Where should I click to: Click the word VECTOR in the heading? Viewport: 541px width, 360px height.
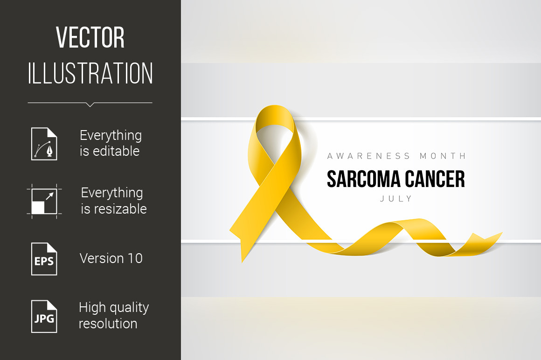click(x=90, y=37)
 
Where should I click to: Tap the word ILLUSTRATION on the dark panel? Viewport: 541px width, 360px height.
click(x=90, y=73)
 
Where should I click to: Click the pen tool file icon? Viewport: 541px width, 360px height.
click(x=44, y=144)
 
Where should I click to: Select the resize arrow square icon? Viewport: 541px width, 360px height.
click(x=44, y=201)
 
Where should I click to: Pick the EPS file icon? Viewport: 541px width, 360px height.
click(x=44, y=259)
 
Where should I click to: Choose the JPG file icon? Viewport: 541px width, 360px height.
click(x=44, y=317)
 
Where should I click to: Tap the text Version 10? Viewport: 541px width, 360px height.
click(x=111, y=258)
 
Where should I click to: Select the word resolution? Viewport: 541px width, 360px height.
click(x=108, y=324)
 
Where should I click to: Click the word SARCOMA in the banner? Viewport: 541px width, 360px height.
click(x=363, y=180)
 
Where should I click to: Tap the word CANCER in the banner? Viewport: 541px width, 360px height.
click(x=435, y=180)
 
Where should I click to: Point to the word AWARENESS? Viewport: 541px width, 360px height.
click(x=368, y=156)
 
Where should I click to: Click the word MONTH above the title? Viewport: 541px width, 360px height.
click(x=443, y=156)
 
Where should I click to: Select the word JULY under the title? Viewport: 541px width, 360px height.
click(x=396, y=199)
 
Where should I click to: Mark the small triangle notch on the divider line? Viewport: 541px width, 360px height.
click(x=90, y=105)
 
